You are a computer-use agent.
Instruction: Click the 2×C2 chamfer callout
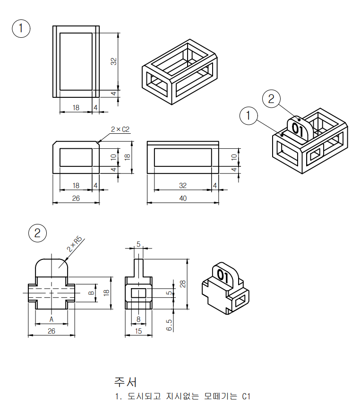120,129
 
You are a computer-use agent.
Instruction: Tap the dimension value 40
183,198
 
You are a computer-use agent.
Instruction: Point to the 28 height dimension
182,283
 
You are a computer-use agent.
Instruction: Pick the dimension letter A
51,320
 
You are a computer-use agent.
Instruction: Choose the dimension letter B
91,293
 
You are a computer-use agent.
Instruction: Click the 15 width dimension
138,331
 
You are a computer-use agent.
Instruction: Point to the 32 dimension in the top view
113,61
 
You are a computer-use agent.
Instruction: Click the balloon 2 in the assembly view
271,99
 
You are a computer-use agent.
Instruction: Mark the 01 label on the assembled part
298,129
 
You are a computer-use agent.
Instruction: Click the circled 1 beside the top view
21,28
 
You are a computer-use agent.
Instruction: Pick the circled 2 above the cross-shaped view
37,232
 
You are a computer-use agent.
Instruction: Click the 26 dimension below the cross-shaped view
51,331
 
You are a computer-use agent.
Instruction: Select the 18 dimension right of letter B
106,293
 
